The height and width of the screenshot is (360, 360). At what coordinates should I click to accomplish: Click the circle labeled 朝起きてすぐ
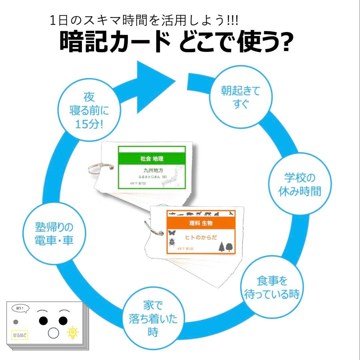pyautogui.click(x=240, y=97)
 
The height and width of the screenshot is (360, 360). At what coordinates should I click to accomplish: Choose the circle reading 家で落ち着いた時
pyautogui.click(x=153, y=318)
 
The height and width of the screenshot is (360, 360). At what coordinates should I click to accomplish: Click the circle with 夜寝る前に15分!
pyautogui.click(x=89, y=110)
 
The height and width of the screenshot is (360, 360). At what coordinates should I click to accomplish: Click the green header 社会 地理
pyautogui.click(x=152, y=159)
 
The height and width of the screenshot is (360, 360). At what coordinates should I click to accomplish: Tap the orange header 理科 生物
pyautogui.click(x=201, y=223)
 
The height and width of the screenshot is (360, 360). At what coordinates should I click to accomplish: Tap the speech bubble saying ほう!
pyautogui.click(x=20, y=308)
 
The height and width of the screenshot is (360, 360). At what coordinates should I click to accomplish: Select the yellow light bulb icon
pyautogui.click(x=73, y=333)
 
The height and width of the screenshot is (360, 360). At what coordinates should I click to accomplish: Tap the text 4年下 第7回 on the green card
pyautogui.click(x=137, y=184)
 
